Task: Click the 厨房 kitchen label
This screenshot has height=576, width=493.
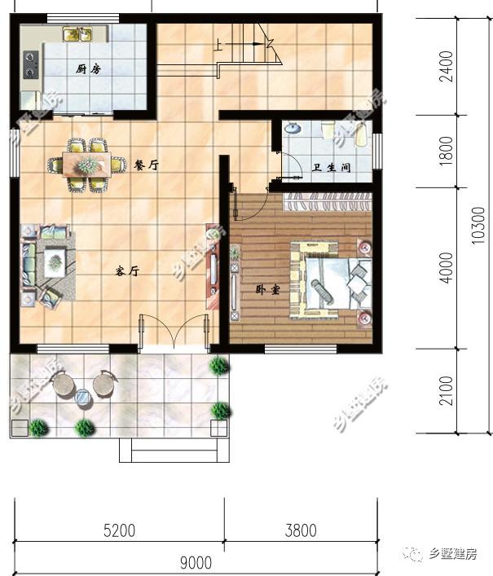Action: click(x=88, y=68)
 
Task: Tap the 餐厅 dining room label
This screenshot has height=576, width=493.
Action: click(x=146, y=165)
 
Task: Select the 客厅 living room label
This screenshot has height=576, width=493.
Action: click(x=127, y=271)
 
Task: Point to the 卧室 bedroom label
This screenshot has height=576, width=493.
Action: click(x=267, y=290)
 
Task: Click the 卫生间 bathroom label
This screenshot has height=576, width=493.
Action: click(x=331, y=168)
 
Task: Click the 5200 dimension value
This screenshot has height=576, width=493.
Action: click(x=120, y=530)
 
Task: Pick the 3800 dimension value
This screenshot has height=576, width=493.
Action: click(x=301, y=530)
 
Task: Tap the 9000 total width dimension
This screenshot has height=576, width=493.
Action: click(x=196, y=562)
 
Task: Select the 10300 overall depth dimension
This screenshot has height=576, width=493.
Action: click(x=478, y=225)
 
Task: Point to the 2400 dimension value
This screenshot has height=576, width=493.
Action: click(x=446, y=67)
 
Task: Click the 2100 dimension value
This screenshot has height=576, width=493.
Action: click(x=446, y=390)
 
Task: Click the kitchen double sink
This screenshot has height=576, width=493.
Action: click(x=77, y=34)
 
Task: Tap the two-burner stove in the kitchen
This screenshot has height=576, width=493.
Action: click(x=31, y=64)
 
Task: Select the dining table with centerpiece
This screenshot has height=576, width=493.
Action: click(x=86, y=165)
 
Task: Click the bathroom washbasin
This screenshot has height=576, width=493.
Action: click(x=293, y=128)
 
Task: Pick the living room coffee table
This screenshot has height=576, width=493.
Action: click(x=55, y=262)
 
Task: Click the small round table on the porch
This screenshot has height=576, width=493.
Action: click(x=83, y=397)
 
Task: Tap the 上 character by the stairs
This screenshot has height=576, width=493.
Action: click(x=218, y=45)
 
